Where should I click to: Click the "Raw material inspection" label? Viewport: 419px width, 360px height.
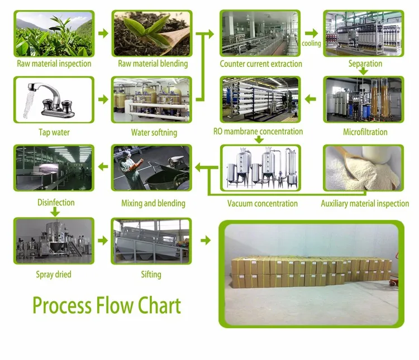tap(54, 64)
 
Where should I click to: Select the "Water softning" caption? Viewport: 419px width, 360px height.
tap(154, 133)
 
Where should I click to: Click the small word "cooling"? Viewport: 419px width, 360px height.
tap(311, 44)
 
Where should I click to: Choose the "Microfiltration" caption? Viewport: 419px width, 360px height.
tap(365, 132)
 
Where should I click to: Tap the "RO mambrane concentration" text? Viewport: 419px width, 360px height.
tap(258, 132)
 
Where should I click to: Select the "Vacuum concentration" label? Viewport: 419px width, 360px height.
tap(263, 203)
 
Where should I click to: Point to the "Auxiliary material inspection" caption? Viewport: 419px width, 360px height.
tap(365, 203)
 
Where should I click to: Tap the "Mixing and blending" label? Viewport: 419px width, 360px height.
tap(153, 203)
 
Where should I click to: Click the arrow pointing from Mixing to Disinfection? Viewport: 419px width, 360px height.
tap(103, 165)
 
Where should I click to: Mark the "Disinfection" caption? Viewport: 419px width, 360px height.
tap(55, 203)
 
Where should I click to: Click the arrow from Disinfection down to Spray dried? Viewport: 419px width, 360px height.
tap(55, 212)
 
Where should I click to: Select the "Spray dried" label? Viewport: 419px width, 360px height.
tap(54, 274)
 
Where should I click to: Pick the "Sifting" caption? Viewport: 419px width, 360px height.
tap(151, 274)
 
